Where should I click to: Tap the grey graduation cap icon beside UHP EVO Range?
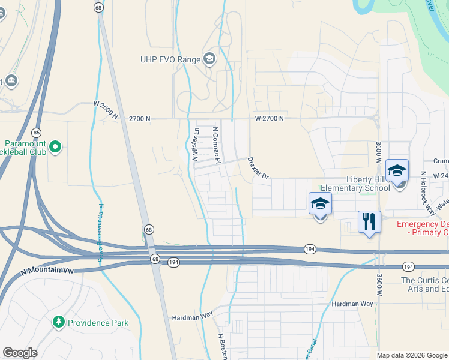209,59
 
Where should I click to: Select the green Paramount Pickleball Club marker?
55,146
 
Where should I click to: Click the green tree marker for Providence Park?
58,323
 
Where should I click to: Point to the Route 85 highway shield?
37,132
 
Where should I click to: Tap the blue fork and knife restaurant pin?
369,221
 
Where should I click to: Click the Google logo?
20,353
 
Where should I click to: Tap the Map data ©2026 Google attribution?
411,355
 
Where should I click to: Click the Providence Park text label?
98,323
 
